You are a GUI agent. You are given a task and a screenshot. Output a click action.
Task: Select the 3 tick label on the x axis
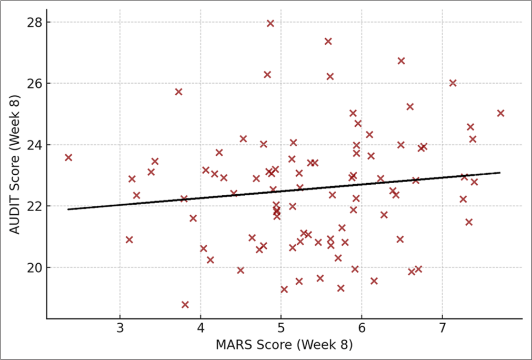point(120,330)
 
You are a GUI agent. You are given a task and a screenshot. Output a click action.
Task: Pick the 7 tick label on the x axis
point(442,330)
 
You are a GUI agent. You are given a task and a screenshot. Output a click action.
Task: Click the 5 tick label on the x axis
point(281,330)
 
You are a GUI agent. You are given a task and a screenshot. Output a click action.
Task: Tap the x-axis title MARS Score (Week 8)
point(284,346)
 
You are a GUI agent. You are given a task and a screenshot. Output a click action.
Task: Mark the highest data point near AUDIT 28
point(270,23)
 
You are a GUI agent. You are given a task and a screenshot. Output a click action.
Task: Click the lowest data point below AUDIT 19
point(185,305)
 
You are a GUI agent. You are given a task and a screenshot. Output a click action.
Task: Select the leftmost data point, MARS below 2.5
point(68,157)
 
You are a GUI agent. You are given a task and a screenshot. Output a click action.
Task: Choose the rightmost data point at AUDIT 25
point(500,113)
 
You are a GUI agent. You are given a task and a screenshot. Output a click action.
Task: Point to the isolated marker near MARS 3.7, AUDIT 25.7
point(178,92)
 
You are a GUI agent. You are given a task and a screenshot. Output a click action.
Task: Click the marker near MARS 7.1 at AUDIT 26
point(453,83)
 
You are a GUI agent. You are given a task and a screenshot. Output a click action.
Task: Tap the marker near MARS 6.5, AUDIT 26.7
point(401,61)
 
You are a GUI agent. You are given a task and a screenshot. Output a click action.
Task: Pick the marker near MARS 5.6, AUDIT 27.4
point(328,41)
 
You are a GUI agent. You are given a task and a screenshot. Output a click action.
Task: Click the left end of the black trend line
point(68,209)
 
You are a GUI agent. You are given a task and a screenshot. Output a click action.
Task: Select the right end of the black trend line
point(500,173)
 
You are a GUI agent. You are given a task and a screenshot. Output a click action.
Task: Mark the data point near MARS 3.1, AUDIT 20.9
point(129,239)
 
